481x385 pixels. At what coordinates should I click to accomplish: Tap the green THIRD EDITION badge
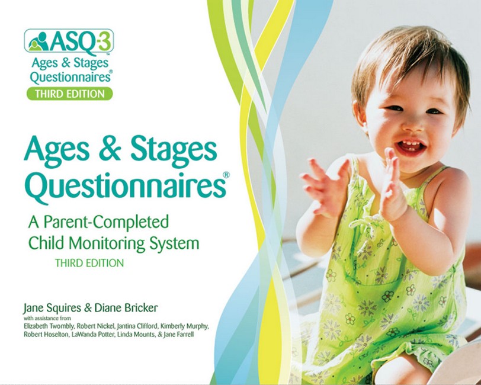pyautogui.click(x=69, y=93)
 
